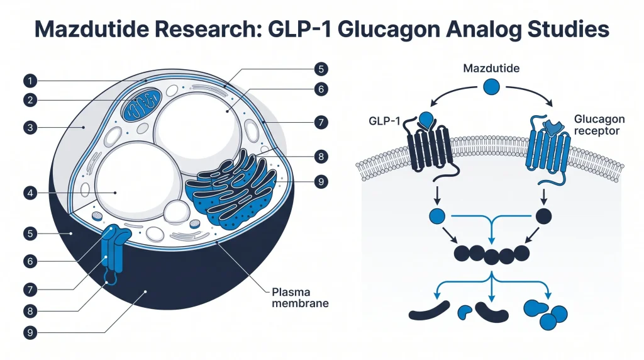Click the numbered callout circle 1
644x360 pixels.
click(30, 81)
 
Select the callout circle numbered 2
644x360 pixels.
click(30, 100)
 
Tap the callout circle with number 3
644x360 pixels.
click(30, 127)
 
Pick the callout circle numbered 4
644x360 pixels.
click(30, 193)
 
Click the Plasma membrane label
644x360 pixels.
click(300, 298)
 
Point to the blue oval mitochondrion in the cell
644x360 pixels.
click(141, 105)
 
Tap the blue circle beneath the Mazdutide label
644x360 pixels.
click(491, 87)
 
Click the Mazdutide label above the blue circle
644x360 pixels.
click(491, 68)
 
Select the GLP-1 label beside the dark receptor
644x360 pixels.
click(384, 121)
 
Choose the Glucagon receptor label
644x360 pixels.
click(599, 125)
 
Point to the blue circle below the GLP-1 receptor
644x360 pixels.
click(437, 216)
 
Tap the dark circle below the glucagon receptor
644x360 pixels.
click(544, 216)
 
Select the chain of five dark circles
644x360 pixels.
click(492, 254)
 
